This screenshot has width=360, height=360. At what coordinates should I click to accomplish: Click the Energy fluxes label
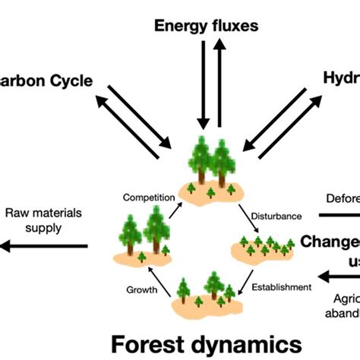pos(206,26)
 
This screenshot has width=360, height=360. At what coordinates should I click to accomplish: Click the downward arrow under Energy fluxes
pos(201,84)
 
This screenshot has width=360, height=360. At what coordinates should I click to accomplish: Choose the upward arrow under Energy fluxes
pos(219,84)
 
